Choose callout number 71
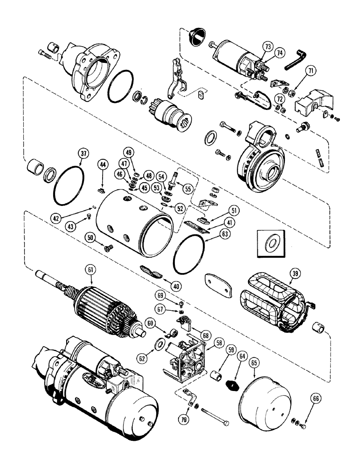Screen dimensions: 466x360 coord(311,71)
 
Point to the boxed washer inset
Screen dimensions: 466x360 coord(270,242)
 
